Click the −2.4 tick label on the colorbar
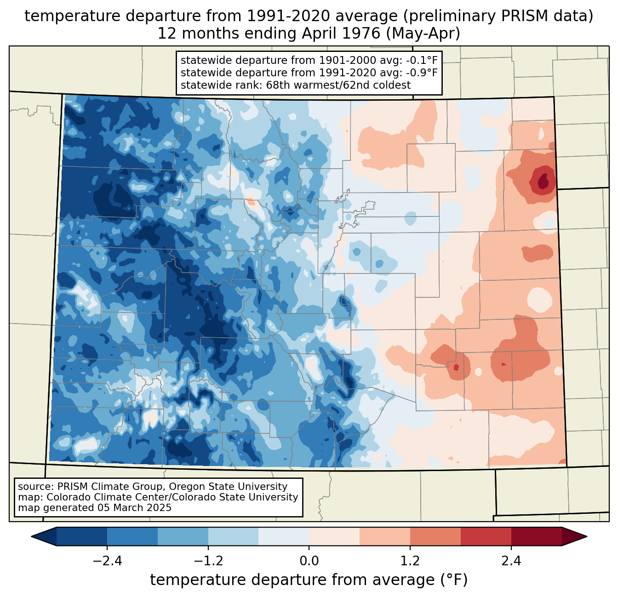tap(107, 561)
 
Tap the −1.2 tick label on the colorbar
tap(208, 561)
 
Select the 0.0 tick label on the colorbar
tap(309, 561)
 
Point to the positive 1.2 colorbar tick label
tap(410, 561)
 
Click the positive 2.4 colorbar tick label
tap(511, 561)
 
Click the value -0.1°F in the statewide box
tap(421, 61)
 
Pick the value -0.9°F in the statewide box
tap(421, 73)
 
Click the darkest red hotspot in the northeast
tap(544, 180)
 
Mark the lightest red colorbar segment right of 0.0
tap(334, 536)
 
